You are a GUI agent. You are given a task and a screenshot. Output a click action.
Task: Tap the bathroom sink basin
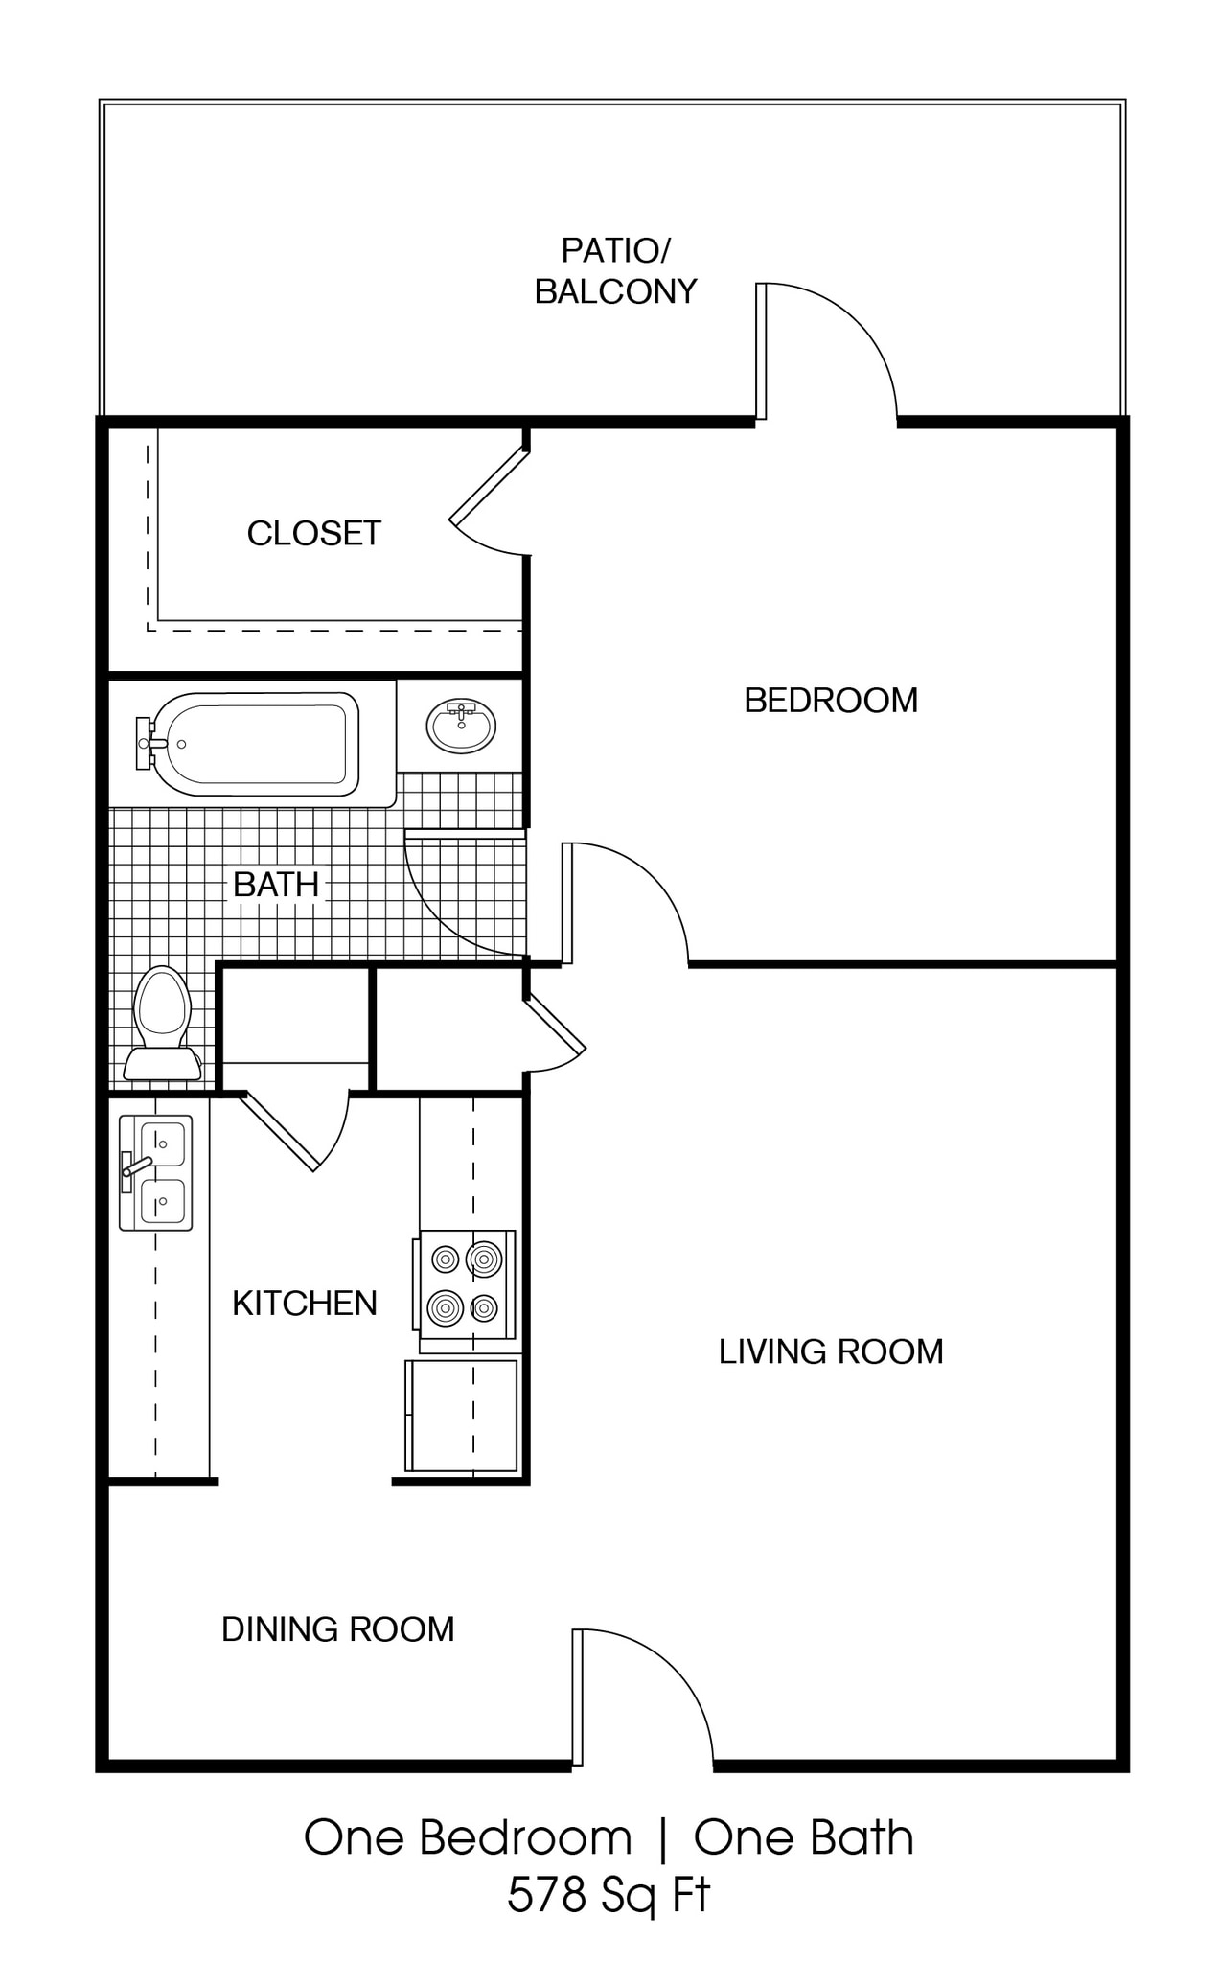click(461, 726)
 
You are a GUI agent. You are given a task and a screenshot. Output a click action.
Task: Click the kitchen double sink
click(156, 1172)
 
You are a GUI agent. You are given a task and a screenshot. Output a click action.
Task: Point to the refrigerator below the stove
click(462, 1415)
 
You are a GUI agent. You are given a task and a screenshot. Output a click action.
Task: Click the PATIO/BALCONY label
click(615, 271)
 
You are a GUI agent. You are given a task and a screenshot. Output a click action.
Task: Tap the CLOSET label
click(314, 533)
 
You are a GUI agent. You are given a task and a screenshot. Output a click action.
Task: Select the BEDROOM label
click(831, 700)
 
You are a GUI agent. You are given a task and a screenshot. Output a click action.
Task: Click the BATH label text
click(276, 884)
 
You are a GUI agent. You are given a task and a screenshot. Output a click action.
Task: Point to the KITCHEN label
click(305, 1303)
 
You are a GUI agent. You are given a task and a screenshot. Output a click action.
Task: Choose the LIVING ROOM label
click(831, 1351)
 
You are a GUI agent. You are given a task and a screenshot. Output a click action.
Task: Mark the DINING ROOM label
click(337, 1628)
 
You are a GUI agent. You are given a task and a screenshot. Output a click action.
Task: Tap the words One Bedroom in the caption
click(468, 1837)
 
